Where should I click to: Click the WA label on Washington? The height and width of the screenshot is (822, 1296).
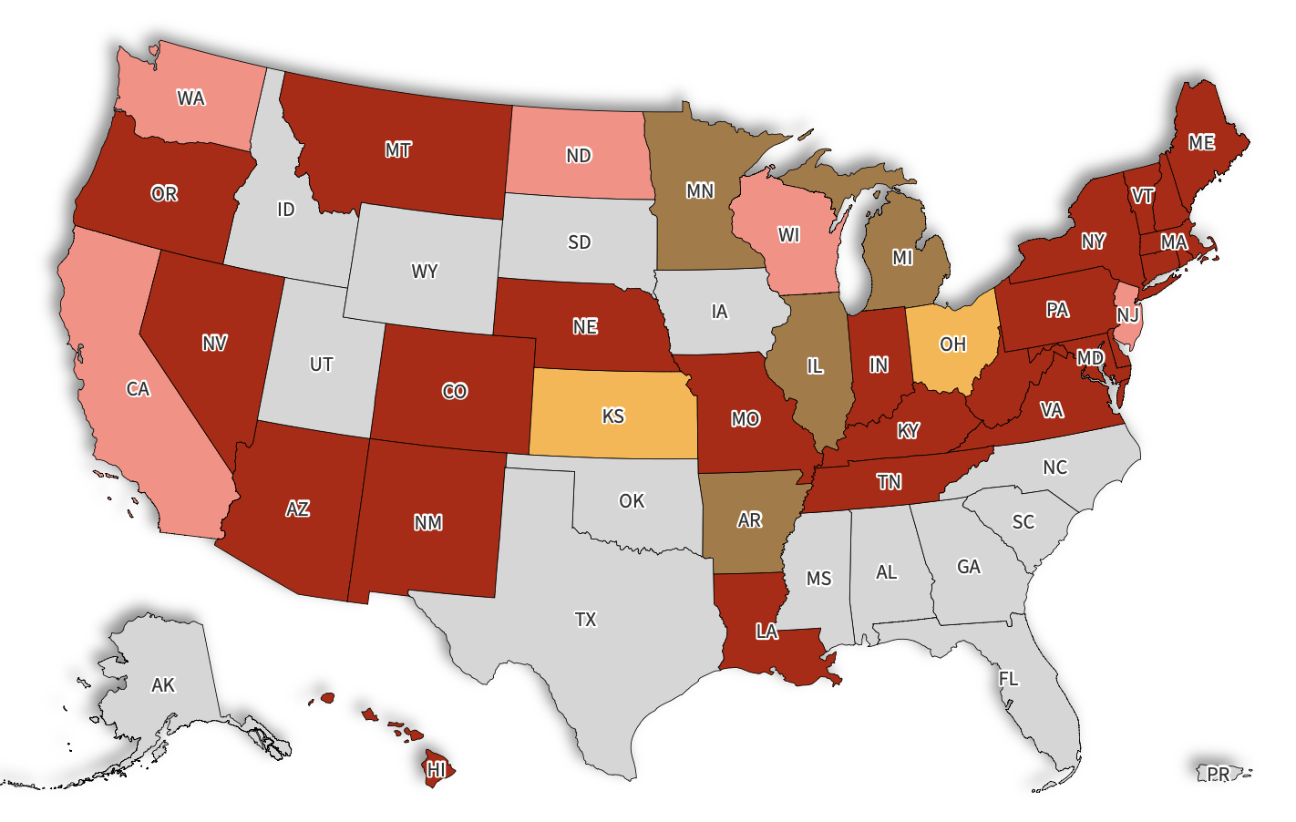tap(190, 98)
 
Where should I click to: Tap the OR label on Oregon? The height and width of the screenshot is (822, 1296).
tap(164, 194)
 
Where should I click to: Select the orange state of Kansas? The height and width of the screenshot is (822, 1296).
tap(612, 416)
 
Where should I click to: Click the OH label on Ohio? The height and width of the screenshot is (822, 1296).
tap(952, 344)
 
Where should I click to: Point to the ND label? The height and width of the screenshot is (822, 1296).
tap(579, 156)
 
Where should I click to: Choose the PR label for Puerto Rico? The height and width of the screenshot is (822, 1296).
tap(1219, 774)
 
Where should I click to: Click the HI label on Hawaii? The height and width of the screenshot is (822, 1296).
tap(437, 769)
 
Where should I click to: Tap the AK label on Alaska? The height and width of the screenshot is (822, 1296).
tap(163, 685)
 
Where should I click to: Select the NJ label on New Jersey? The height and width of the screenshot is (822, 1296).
tap(1127, 314)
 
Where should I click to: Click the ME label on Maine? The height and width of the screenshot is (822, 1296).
tap(1201, 143)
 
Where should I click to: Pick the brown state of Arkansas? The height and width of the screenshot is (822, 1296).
tap(749, 520)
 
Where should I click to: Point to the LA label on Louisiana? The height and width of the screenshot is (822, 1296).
tap(766, 632)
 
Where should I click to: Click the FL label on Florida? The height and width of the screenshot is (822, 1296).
tap(1008, 679)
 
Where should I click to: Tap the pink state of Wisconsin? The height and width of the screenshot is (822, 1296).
tap(789, 235)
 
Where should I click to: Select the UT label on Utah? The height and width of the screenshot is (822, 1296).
tap(321, 365)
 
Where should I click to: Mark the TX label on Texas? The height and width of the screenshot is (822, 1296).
tap(585, 620)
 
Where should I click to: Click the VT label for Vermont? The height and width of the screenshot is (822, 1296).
tap(1142, 196)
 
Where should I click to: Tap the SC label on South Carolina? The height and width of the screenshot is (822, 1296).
tap(1023, 521)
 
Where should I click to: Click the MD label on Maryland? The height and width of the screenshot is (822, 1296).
tap(1090, 358)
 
